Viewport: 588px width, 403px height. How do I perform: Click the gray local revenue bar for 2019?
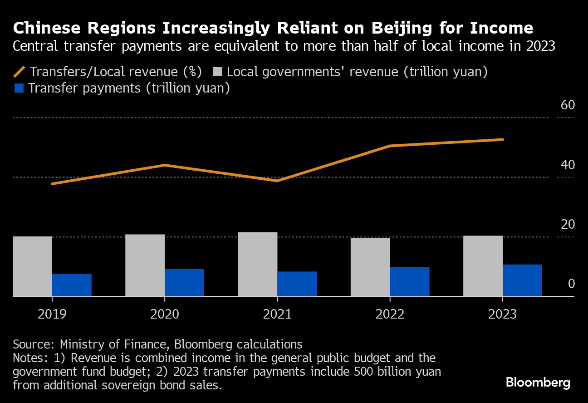pyautogui.click(x=32, y=266)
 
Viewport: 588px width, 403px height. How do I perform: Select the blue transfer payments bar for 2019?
pyautogui.click(x=72, y=285)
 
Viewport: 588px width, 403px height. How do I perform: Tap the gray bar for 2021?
pyautogui.click(x=257, y=264)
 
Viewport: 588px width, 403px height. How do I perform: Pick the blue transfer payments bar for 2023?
pyautogui.click(x=522, y=280)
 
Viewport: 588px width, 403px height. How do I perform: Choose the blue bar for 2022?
pyautogui.click(x=409, y=282)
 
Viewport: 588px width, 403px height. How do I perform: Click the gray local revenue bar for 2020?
pyautogui.click(x=145, y=265)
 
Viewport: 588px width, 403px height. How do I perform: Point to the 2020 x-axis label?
pyautogui.click(x=165, y=314)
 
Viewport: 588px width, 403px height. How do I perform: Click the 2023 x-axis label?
pyautogui.click(x=502, y=314)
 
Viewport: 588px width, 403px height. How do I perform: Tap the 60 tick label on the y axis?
pyautogui.click(x=568, y=105)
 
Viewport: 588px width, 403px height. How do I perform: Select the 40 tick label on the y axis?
pyautogui.click(x=568, y=165)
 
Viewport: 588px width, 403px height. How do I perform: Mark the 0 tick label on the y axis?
pyautogui.click(x=571, y=284)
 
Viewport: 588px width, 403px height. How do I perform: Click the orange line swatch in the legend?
pyautogui.click(x=20, y=72)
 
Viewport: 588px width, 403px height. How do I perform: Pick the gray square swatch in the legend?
pyautogui.click(x=218, y=72)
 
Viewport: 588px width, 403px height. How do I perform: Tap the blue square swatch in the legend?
pyautogui.click(x=19, y=88)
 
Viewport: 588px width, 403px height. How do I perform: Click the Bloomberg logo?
pyautogui.click(x=538, y=383)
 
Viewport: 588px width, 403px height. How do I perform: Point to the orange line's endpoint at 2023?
pyautogui.click(x=503, y=139)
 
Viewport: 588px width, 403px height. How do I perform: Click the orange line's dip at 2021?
pyautogui.click(x=277, y=181)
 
